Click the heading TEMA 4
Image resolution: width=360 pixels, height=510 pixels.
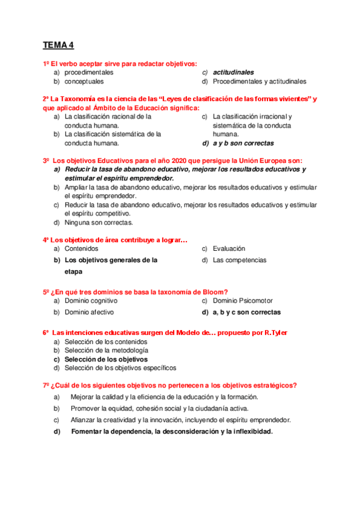tap(58, 45)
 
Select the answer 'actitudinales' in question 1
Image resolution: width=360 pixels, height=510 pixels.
tap(233, 72)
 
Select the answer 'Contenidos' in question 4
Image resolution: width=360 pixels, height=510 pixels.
tap(81, 248)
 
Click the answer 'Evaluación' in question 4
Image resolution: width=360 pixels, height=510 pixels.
tap(229, 248)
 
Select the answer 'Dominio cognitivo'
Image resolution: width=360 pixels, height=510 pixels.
tap(91, 301)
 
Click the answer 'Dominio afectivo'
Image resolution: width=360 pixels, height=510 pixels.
tap(89, 313)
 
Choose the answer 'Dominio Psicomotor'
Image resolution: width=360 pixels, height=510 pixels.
tap(242, 301)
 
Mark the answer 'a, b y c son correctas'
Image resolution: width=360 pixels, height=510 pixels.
tap(246, 313)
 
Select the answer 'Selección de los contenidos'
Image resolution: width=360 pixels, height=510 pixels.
tap(106, 342)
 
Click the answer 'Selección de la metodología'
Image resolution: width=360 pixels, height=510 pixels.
tap(106, 350)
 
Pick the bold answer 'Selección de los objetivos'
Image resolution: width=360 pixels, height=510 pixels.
tap(106, 359)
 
